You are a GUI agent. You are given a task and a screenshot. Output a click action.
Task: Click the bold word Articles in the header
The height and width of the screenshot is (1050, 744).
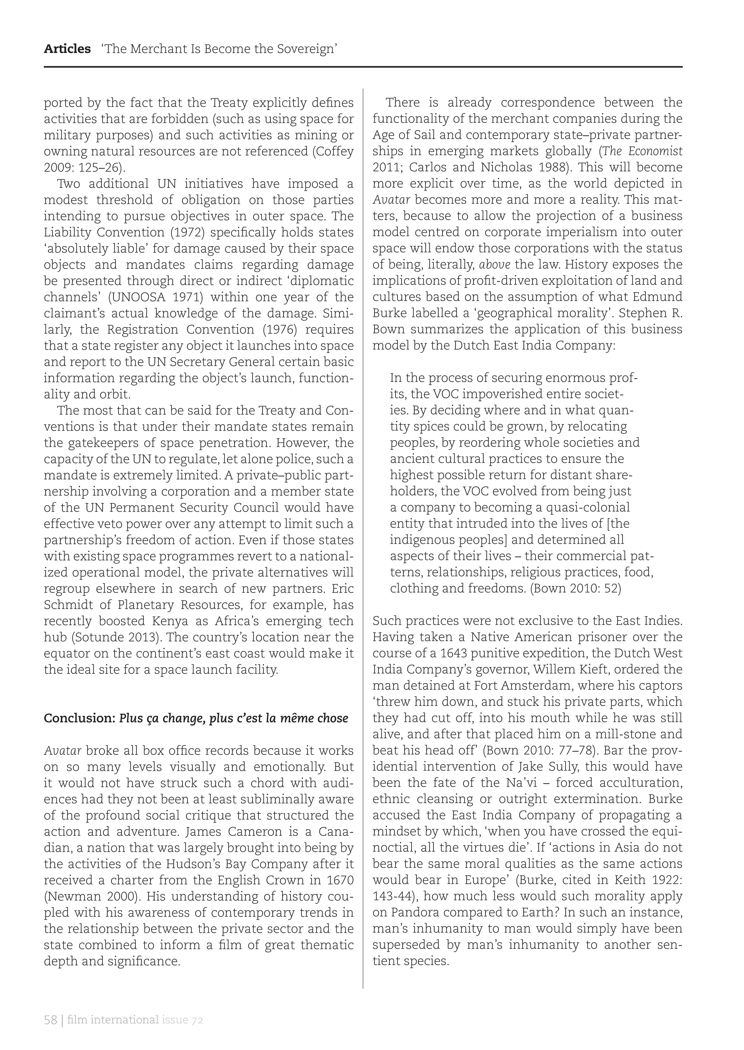[x=67, y=49]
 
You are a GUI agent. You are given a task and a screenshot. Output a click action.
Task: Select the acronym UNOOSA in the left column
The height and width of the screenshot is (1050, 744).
[x=138, y=297]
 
